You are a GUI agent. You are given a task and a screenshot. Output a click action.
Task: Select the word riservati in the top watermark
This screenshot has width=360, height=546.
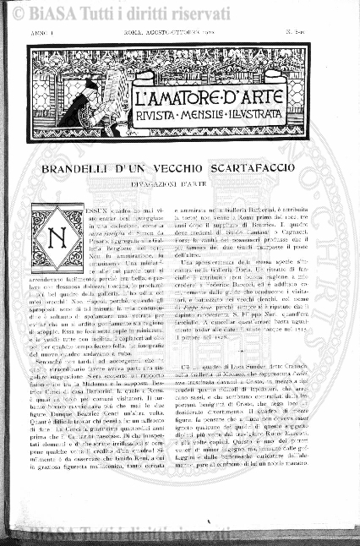pos(172,13)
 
